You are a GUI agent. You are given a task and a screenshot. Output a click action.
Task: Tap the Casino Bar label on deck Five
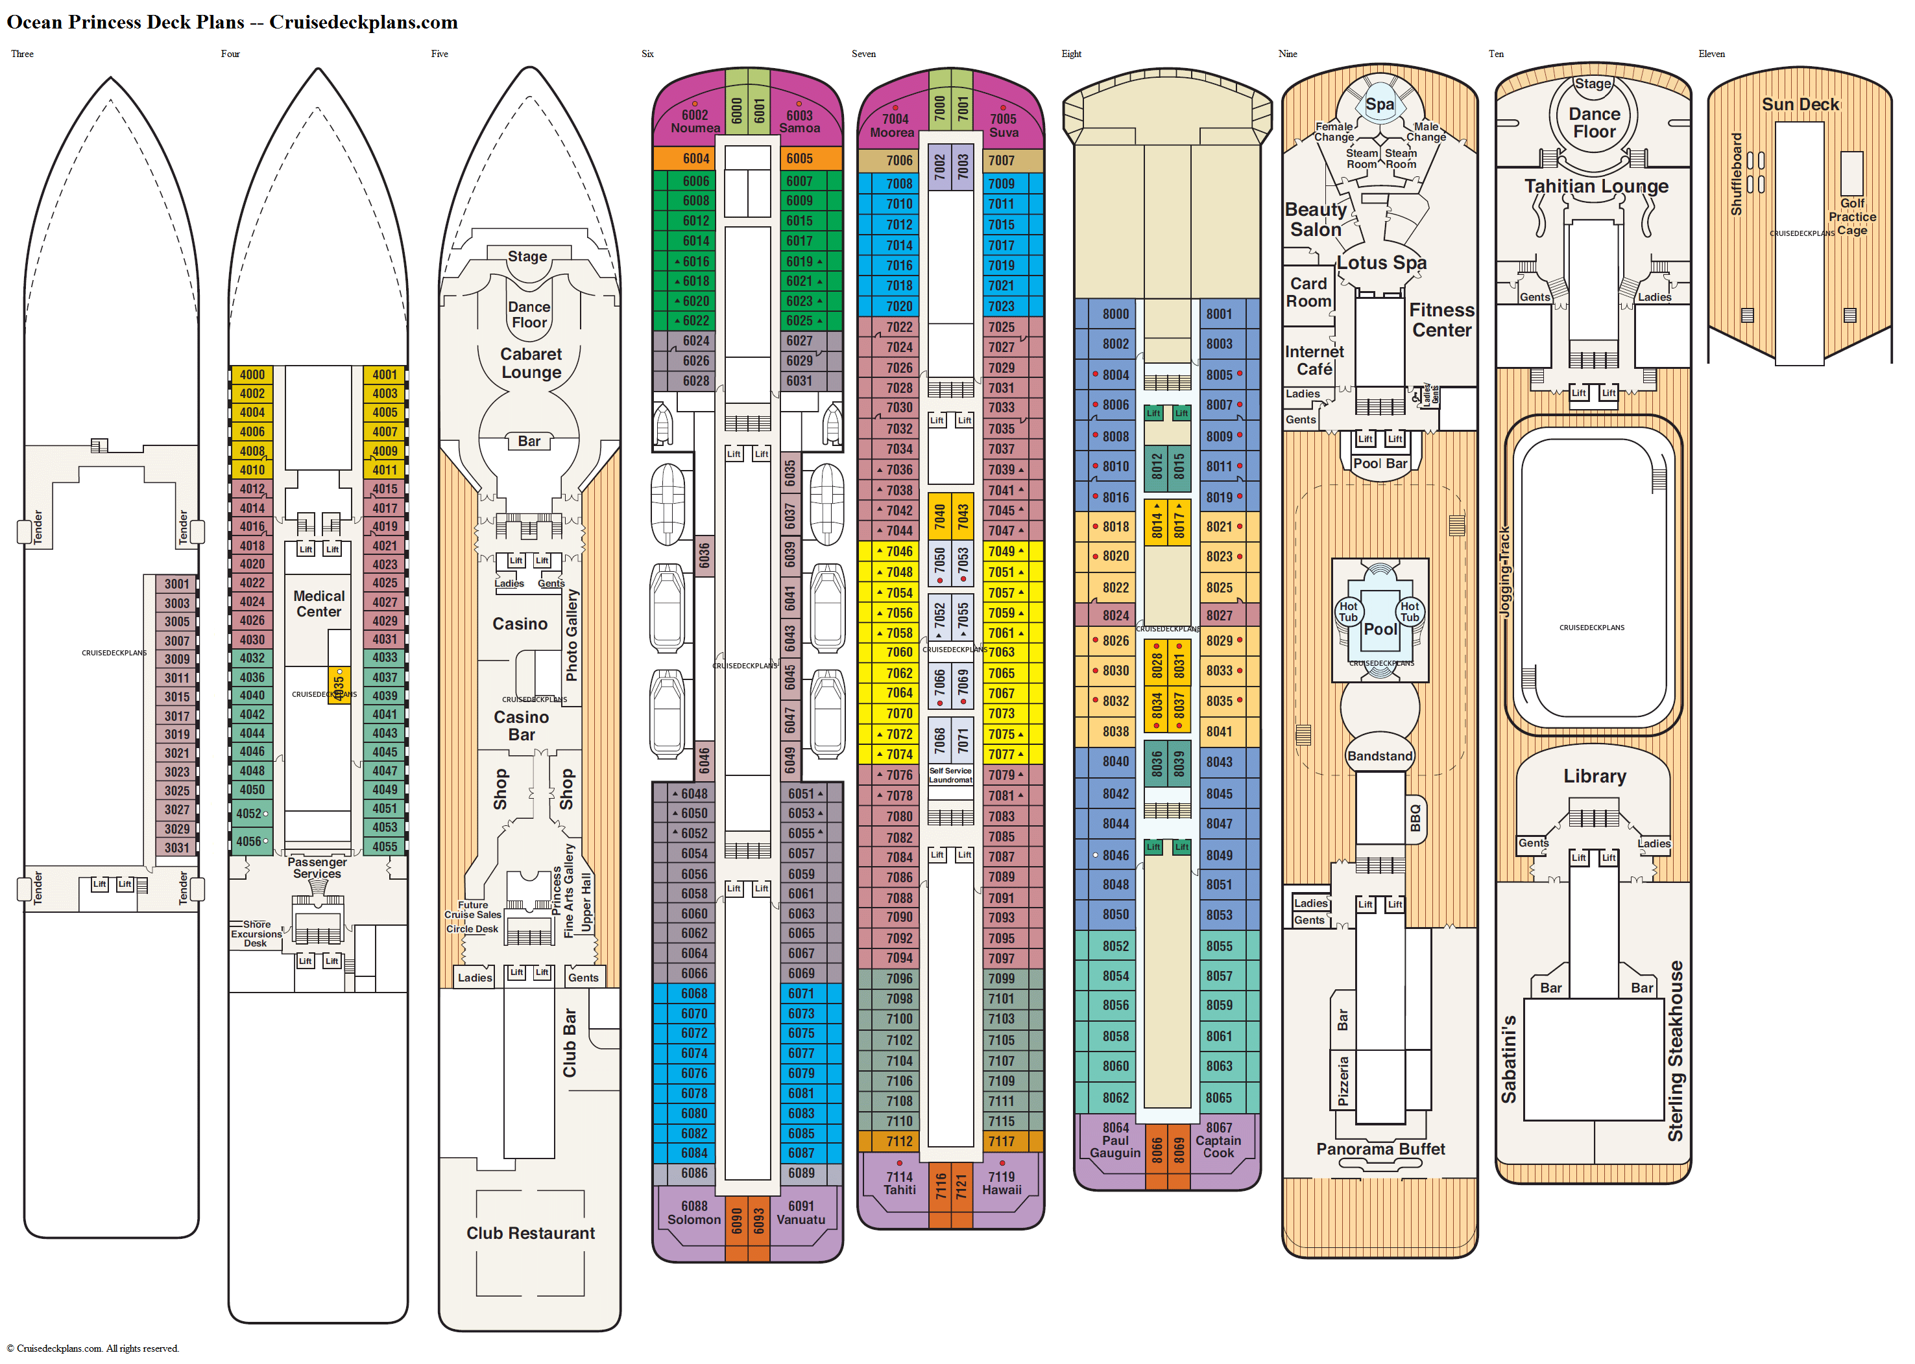click(x=521, y=725)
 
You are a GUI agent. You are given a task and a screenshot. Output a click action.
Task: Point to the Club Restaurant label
click(x=530, y=1233)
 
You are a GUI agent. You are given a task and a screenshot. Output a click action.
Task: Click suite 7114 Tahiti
click(x=899, y=1183)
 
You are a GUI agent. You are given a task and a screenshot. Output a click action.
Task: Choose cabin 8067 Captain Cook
click(x=1218, y=1140)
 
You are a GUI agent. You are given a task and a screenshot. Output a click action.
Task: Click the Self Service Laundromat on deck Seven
click(x=950, y=775)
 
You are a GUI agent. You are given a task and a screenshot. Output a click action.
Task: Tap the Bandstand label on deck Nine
click(x=1380, y=756)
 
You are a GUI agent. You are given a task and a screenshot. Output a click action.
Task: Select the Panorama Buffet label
click(x=1380, y=1149)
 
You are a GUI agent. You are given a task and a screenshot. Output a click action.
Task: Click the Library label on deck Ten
click(x=1594, y=776)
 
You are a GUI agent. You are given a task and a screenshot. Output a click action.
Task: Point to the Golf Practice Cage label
click(x=1852, y=217)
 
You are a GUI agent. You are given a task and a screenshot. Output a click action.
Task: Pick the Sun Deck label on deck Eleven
click(x=1800, y=104)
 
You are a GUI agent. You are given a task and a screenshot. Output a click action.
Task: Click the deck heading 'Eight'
click(x=1072, y=54)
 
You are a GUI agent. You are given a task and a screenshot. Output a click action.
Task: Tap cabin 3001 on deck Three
click(x=176, y=583)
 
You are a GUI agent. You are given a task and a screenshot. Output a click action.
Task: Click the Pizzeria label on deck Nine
click(x=1343, y=1081)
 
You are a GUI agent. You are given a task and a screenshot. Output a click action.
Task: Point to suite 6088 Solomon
click(x=694, y=1213)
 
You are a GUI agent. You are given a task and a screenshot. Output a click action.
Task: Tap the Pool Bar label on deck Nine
click(x=1380, y=464)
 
